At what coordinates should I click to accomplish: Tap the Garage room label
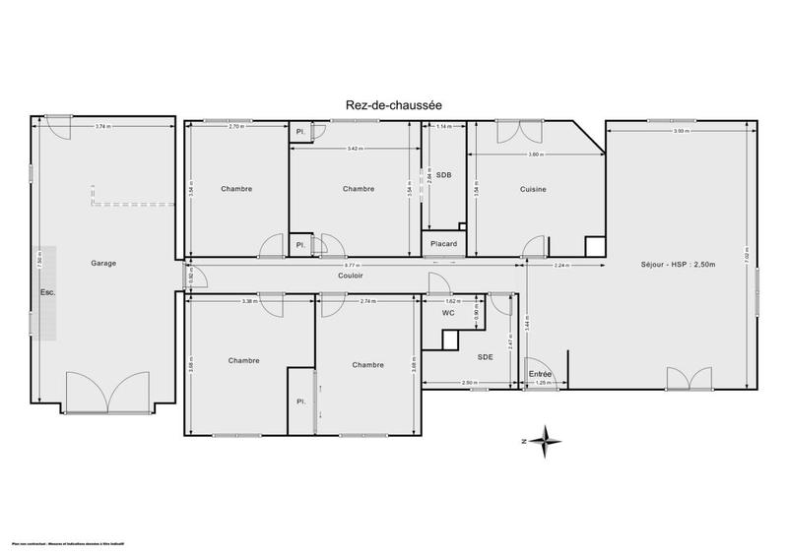103,263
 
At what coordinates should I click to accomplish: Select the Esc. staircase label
48,292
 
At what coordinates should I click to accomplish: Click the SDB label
444,174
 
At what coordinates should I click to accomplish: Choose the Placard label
444,243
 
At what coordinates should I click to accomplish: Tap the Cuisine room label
532,189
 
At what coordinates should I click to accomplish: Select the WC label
448,313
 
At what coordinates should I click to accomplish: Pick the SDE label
485,357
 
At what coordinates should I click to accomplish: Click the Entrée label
541,374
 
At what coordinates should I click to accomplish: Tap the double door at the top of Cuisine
511,132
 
